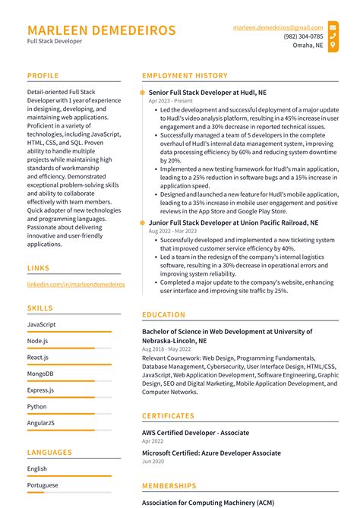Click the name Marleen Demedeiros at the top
coord(101,30)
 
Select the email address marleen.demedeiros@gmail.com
coord(278,27)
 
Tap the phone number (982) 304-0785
coord(303,36)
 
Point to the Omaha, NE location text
coord(308,45)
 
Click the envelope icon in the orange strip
coord(333,27)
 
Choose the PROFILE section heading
coord(43,76)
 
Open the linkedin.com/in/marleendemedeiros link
coord(76,285)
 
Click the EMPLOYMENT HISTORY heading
coord(185,76)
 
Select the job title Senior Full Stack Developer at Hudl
coord(207,92)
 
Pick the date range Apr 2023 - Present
coord(171,100)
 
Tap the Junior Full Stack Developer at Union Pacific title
coord(229,223)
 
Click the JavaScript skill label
coord(41,324)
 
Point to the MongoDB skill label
coord(40,374)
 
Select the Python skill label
coord(36,406)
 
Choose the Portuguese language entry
coord(43,484)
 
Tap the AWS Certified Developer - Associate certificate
coord(195,433)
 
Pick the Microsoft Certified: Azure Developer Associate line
coord(212,453)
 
